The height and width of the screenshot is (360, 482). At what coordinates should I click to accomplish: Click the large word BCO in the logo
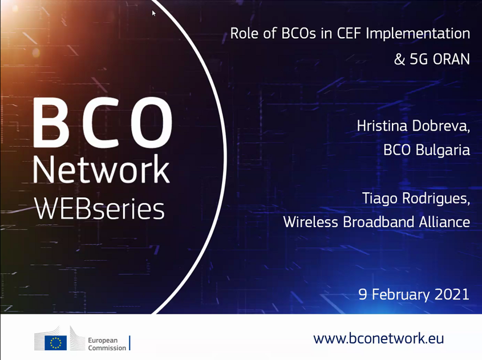[103, 123]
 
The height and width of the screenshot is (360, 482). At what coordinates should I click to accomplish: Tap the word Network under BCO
[101, 169]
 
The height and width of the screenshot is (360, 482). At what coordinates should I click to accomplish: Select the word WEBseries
[100, 209]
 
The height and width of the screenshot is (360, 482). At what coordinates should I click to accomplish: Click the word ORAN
[451, 59]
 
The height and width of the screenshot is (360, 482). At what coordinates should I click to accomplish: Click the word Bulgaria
[443, 151]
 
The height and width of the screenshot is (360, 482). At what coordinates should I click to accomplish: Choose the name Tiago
[380, 199]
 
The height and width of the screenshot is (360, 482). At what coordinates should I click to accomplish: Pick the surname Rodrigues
[436, 199]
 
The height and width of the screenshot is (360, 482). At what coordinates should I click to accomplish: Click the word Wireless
[310, 222]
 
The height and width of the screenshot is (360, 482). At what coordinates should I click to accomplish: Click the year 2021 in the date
[452, 294]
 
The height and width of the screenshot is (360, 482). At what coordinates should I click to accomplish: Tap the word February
[400, 294]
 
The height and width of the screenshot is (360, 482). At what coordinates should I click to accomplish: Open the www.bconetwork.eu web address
[379, 338]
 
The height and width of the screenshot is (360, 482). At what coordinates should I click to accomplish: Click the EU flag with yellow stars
[56, 343]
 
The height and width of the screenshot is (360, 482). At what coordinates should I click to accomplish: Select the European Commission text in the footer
[107, 344]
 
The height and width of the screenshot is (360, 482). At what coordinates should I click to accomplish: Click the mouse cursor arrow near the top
[153, 13]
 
